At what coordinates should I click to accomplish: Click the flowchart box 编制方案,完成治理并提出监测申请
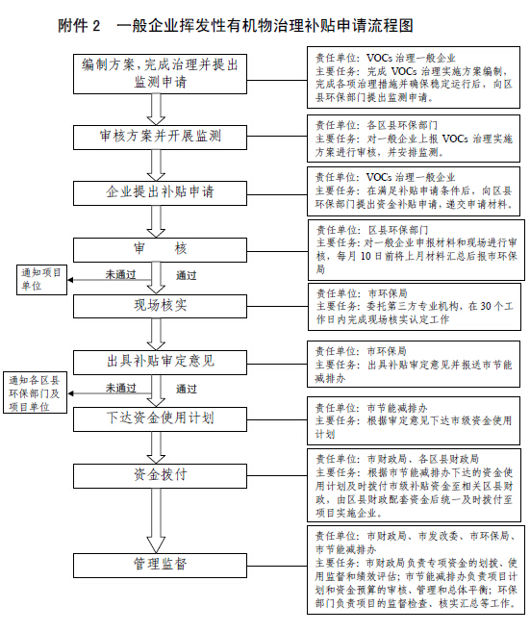[160, 74]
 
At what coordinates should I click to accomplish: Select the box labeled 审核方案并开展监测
[160, 138]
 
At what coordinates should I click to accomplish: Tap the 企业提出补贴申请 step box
[160, 193]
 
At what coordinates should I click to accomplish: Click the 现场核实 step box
[160, 306]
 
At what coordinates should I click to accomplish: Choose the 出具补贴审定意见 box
[160, 363]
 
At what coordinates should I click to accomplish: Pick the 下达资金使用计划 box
[160, 419]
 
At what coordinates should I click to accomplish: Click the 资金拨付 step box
[160, 476]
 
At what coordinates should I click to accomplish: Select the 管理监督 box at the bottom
[160, 566]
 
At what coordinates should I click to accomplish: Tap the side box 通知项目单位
[41, 280]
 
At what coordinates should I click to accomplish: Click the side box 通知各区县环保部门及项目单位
[35, 393]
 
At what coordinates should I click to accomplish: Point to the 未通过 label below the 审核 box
[120, 274]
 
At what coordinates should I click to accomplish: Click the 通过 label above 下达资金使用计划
[187, 389]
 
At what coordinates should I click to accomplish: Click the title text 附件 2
[79, 26]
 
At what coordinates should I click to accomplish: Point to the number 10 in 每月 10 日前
[366, 256]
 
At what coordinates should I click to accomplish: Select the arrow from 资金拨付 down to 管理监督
[156, 520]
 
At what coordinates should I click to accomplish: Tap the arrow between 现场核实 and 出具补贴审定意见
[156, 334]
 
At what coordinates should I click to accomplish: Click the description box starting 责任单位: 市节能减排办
[414, 420]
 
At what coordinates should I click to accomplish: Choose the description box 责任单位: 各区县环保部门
[414, 139]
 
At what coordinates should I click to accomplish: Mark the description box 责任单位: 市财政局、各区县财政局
[414, 485]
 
